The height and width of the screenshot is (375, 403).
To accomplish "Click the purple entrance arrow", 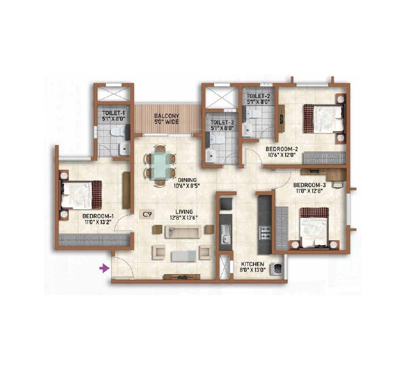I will (103, 269).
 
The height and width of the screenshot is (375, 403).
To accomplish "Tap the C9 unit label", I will (147, 213).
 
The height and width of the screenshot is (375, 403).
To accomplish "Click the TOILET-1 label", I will (114, 111).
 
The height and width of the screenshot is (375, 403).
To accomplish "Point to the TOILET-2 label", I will (257, 95).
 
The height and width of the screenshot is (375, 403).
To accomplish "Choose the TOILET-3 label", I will (222, 121).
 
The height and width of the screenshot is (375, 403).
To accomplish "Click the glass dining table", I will (159, 165).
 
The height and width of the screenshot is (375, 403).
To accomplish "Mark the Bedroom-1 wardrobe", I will (93, 240).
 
